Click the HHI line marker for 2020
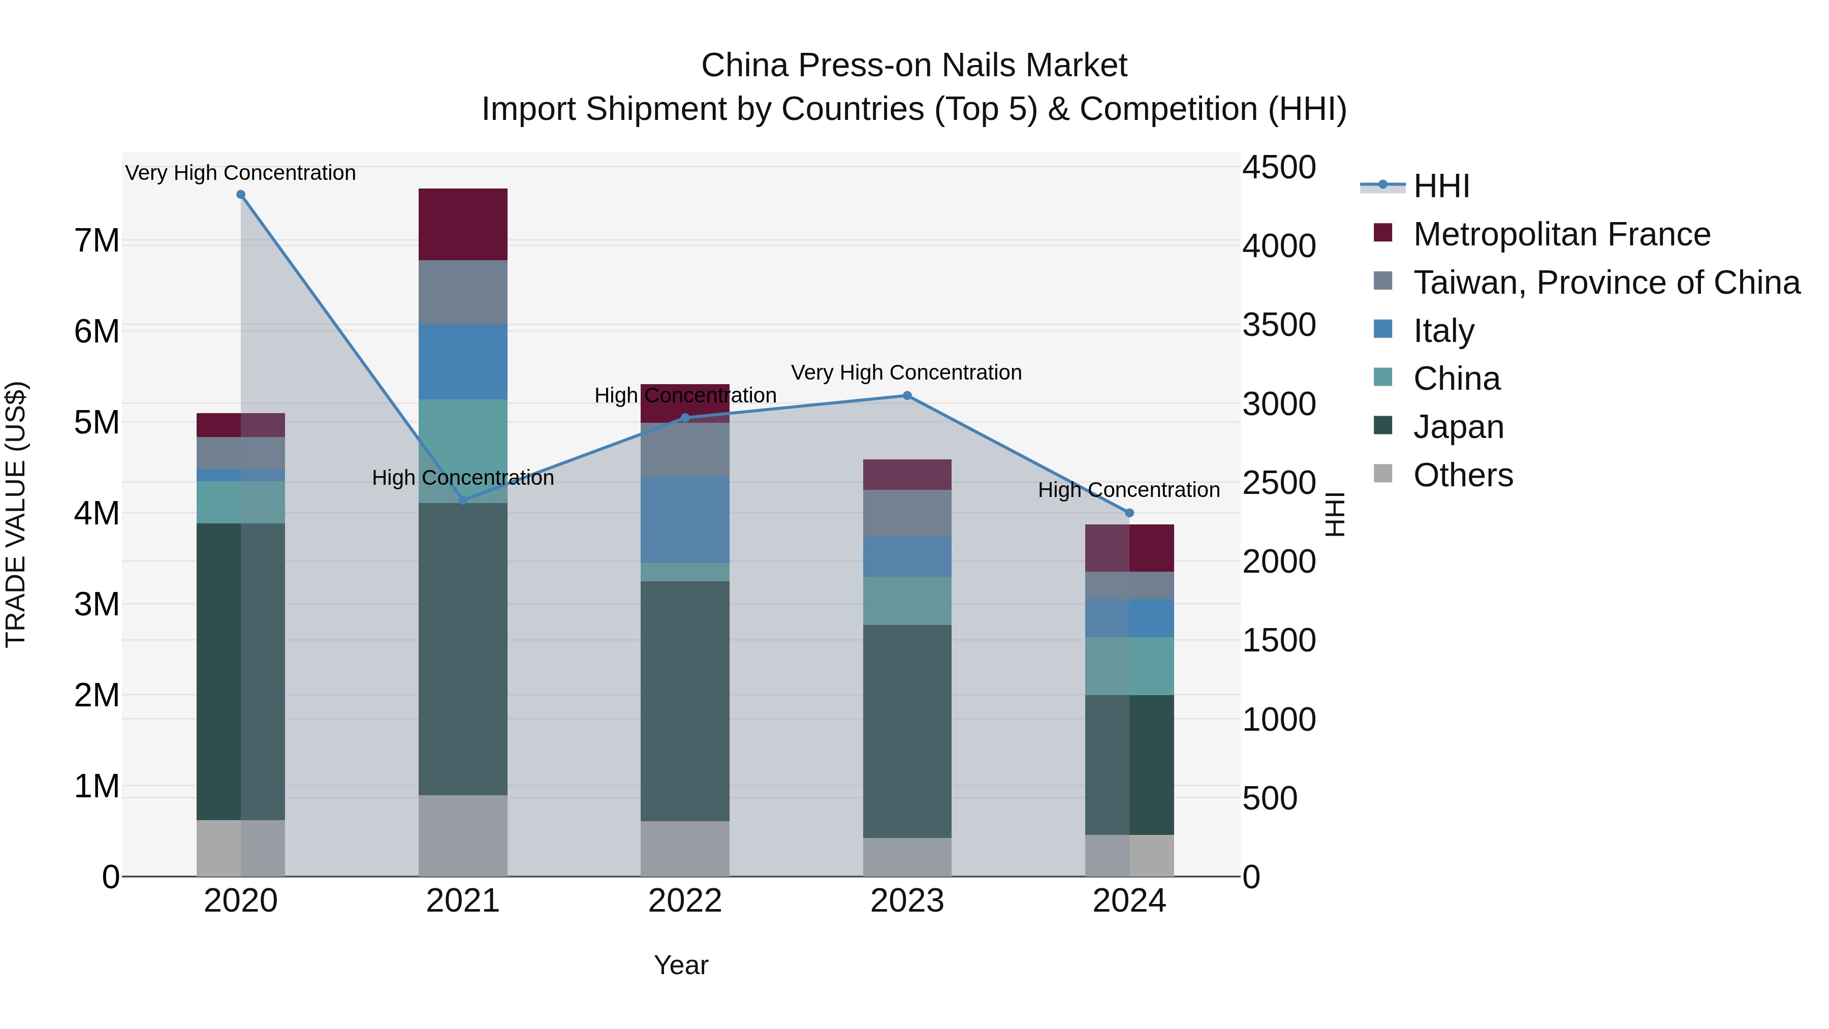coord(241,195)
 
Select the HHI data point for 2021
coord(463,500)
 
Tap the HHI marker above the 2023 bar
coord(907,395)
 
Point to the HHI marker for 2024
coord(1129,513)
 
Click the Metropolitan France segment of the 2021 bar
coord(463,225)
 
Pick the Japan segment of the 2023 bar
coord(907,731)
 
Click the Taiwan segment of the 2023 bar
coord(907,513)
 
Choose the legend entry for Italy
coord(1443,331)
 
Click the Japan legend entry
coord(1458,427)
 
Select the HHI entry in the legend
coord(1441,186)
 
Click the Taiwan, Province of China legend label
coord(1606,283)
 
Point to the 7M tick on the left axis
coord(97,241)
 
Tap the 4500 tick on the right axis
coord(1279,168)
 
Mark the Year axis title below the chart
coord(680,965)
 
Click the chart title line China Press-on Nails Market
coord(914,66)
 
